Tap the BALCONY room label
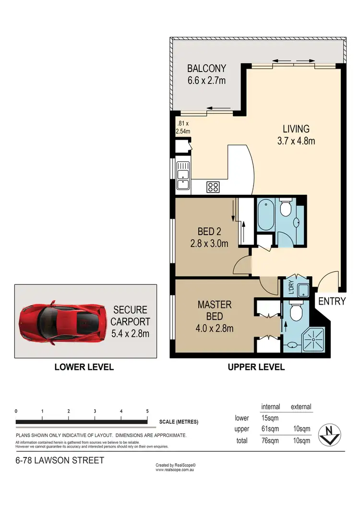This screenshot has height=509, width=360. click(206, 74)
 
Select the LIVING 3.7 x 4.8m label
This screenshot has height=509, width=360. click(296, 135)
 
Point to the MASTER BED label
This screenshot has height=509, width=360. click(215, 316)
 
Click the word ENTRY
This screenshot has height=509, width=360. click(332, 301)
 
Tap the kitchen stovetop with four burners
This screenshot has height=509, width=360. click(213, 187)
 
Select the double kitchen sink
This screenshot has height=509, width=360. click(183, 175)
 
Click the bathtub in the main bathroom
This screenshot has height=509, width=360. click(265, 215)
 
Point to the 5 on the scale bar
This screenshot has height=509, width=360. click(147, 411)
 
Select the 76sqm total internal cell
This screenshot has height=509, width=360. click(270, 440)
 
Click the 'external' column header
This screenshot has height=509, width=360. click(300, 407)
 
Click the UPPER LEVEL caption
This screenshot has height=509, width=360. click(255, 367)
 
